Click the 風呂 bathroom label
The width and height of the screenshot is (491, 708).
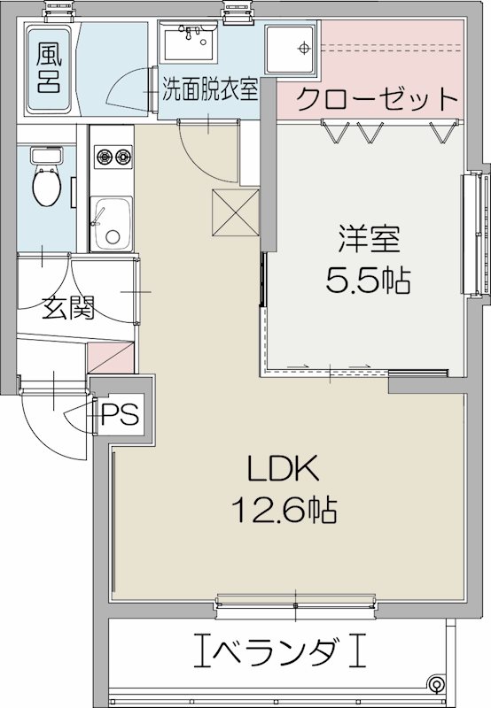tap(49, 68)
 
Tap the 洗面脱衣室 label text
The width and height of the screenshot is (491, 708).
tap(210, 89)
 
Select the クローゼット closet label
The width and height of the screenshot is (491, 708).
tap(376, 98)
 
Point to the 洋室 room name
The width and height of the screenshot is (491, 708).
tap(368, 239)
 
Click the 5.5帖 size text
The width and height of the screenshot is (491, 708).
tap(368, 281)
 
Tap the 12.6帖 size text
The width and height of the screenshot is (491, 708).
tap(284, 508)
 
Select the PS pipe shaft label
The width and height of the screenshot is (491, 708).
tap(120, 414)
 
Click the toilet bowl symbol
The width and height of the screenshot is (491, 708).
tap(45, 185)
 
